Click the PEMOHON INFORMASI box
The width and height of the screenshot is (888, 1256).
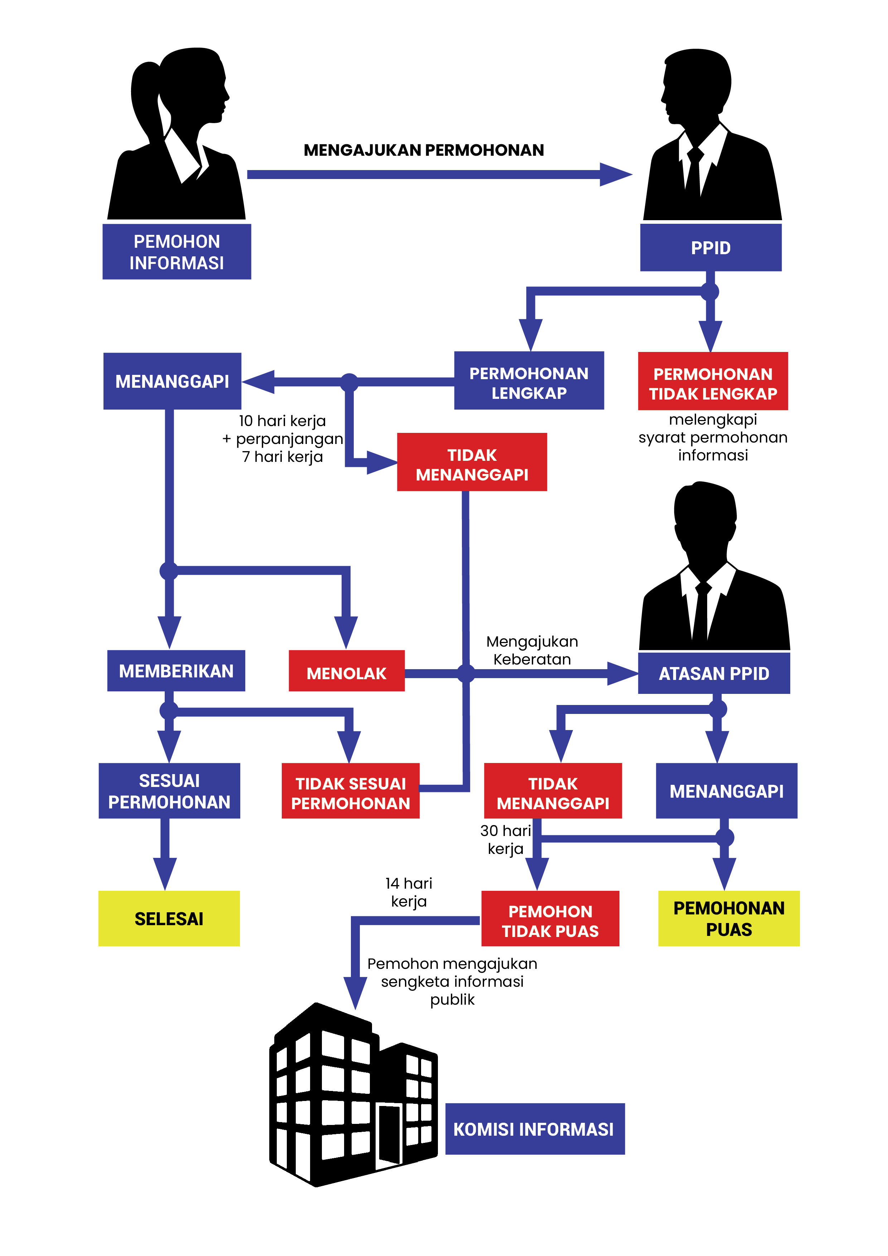click(x=177, y=252)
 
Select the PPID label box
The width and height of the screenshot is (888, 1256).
click(x=711, y=248)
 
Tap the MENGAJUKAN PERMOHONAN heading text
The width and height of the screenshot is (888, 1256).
click(x=424, y=150)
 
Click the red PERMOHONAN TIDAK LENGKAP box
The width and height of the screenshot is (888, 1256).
click(x=713, y=381)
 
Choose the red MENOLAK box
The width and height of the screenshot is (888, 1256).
click(x=346, y=671)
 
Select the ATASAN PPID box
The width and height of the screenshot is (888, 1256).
click(x=714, y=673)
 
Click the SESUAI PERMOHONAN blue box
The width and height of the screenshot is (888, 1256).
click(x=169, y=791)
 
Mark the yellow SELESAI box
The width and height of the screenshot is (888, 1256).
click(x=169, y=918)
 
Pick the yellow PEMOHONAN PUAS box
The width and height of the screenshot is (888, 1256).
click(x=728, y=918)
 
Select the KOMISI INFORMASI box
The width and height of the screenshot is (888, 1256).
click(x=535, y=1129)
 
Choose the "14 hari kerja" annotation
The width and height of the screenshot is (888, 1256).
click(x=408, y=892)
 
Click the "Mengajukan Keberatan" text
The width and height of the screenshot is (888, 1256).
click(x=532, y=650)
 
